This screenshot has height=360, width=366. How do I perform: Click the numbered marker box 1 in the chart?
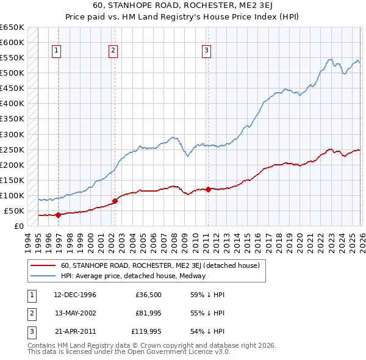pyautogui.click(x=56, y=51)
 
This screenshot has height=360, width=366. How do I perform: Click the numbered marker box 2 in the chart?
pyautogui.click(x=113, y=51)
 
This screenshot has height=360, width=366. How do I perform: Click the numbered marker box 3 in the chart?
pyautogui.click(x=207, y=51)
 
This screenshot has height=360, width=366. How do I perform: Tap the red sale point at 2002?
pyautogui.click(x=115, y=201)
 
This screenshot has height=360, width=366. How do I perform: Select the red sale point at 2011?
pyautogui.click(x=208, y=189)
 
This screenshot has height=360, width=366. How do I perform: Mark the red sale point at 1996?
pyautogui.click(x=58, y=214)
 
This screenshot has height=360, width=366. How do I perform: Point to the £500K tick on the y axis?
pyautogui.click(x=12, y=73)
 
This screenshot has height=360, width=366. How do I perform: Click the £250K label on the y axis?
pyautogui.click(x=12, y=149)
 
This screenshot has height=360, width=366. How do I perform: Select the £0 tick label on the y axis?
pyautogui.click(x=19, y=226)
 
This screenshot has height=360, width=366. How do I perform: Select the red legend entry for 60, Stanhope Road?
pyautogui.click(x=160, y=265)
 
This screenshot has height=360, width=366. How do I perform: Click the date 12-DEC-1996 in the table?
pyautogui.click(x=75, y=295)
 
